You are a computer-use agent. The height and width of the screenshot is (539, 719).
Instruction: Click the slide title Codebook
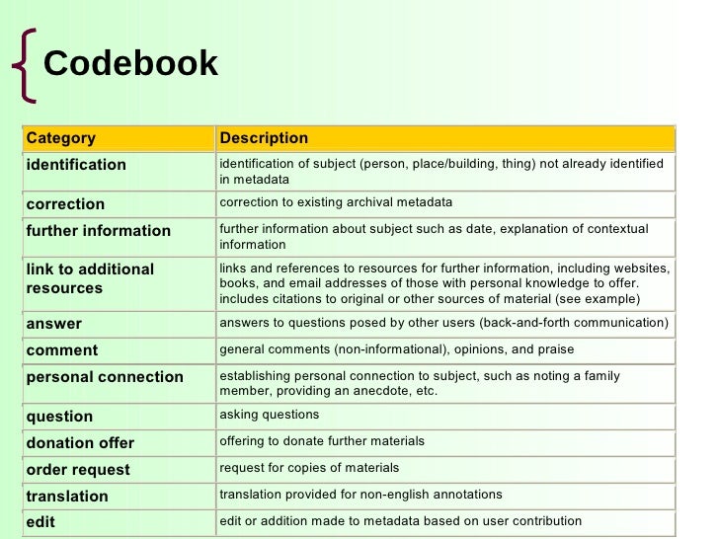tap(130, 64)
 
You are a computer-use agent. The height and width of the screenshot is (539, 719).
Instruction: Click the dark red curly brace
tap(23, 65)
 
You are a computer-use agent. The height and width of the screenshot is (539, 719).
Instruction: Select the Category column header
tap(61, 138)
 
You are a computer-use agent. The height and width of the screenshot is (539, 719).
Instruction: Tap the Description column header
tap(264, 138)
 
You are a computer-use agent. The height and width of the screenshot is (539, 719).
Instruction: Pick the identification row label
tap(76, 165)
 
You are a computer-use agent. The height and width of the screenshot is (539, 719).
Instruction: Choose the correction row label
tap(65, 204)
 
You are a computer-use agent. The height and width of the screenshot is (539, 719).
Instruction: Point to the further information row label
tap(98, 231)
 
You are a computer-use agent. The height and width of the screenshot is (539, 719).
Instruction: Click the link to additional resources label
tap(90, 278)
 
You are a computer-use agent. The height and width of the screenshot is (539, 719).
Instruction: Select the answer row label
tap(54, 324)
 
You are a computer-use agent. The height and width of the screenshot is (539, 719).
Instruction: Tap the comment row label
tap(62, 350)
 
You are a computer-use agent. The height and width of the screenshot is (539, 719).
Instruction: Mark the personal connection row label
tap(105, 377)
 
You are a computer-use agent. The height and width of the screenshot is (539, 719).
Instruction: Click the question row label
tap(59, 417)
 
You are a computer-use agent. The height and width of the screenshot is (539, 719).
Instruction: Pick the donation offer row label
tap(80, 443)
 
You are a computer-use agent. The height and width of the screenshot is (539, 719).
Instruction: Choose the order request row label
tap(78, 470)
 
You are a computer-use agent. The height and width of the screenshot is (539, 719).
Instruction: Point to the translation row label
tap(67, 497)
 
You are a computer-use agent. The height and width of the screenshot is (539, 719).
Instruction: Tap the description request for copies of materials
tap(309, 468)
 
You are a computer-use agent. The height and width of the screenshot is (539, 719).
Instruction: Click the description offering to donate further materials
tap(322, 441)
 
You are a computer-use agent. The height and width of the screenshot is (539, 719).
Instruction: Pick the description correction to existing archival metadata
tap(336, 202)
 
